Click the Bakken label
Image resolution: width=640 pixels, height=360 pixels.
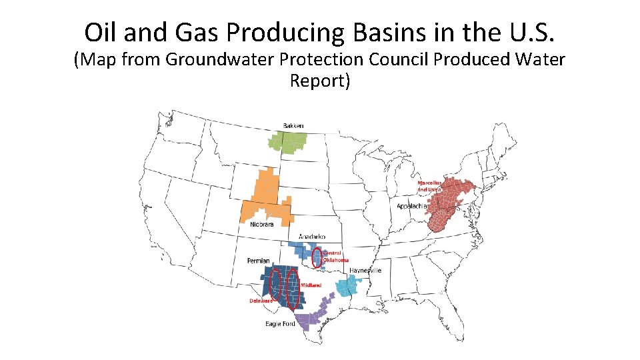[x=293, y=125]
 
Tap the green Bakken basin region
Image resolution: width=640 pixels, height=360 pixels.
[x=287, y=142]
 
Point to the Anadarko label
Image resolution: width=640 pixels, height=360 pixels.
[x=312, y=237]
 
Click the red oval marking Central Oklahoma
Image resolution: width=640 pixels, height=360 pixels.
[x=317, y=258]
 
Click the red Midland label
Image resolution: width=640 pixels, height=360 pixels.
[x=311, y=285]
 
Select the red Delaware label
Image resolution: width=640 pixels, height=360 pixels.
[x=261, y=301]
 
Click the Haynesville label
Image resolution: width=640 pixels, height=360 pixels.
[x=365, y=270]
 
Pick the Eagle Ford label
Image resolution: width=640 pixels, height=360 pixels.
[x=280, y=324]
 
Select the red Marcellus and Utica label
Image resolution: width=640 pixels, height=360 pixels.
[x=429, y=185]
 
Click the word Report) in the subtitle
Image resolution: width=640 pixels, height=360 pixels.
[x=320, y=81]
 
